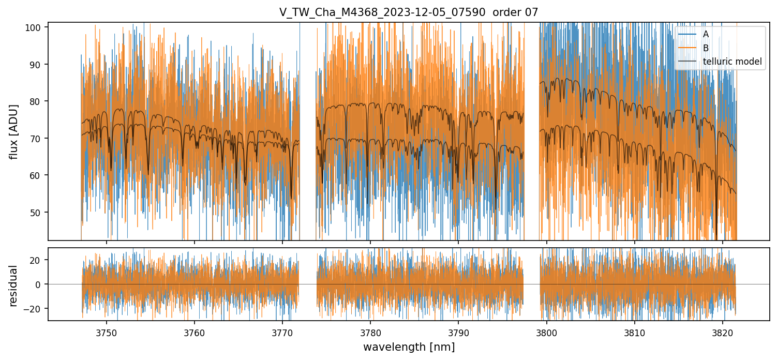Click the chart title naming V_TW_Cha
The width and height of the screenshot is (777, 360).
click(x=409, y=12)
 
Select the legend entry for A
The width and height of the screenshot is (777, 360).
click(x=706, y=34)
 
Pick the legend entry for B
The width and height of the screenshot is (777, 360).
click(x=706, y=48)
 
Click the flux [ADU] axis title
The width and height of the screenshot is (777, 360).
click(x=14, y=131)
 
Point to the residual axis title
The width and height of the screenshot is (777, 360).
click(x=14, y=286)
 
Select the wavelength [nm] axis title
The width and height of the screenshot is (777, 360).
click(x=409, y=347)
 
